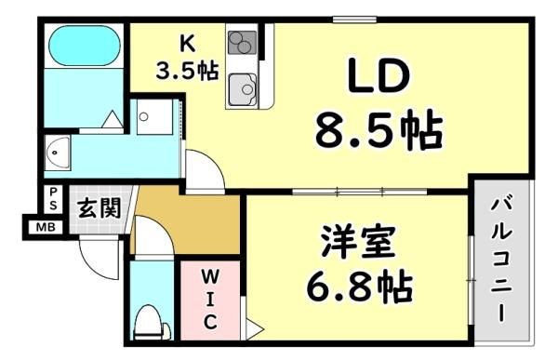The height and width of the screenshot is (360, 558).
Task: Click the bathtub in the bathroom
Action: [x=84, y=46]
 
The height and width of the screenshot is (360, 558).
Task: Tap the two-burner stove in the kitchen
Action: [x=243, y=43]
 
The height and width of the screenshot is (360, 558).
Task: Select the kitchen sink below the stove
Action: [x=243, y=89]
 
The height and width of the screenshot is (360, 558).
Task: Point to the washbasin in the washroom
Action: [x=58, y=153]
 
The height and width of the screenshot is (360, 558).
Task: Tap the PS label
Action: [x=53, y=199]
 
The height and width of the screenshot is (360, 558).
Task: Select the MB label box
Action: [x=46, y=227]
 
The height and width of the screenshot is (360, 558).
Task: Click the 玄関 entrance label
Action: [x=100, y=207]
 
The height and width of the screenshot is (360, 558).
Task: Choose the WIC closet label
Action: [x=210, y=300]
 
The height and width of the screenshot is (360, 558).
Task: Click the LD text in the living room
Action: [x=379, y=74]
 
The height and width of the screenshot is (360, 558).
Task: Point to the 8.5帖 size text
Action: [x=379, y=129]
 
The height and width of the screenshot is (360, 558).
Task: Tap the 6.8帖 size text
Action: [x=359, y=287]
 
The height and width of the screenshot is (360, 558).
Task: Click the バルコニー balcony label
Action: [x=502, y=260]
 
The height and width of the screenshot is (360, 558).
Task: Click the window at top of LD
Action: [x=354, y=20]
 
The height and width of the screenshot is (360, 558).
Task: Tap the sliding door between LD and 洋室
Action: [x=359, y=192]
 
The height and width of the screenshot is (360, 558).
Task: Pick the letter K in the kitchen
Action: [x=187, y=45]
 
